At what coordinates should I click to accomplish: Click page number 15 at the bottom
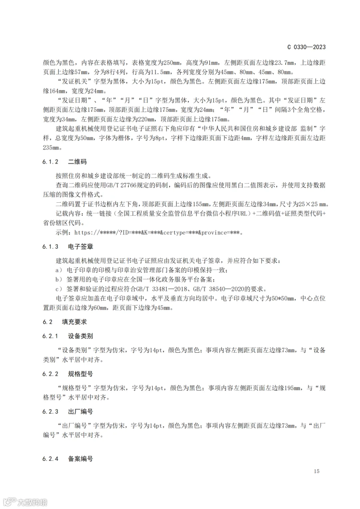pyautogui.click(x=317, y=471)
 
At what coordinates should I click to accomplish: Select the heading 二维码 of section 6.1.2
pyautogui.click(x=77, y=162)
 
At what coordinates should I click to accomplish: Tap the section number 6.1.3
pyautogui.click(x=51, y=247)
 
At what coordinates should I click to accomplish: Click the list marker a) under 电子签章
pyautogui.click(x=59, y=270)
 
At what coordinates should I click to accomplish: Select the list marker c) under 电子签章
pyautogui.click(x=59, y=289)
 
